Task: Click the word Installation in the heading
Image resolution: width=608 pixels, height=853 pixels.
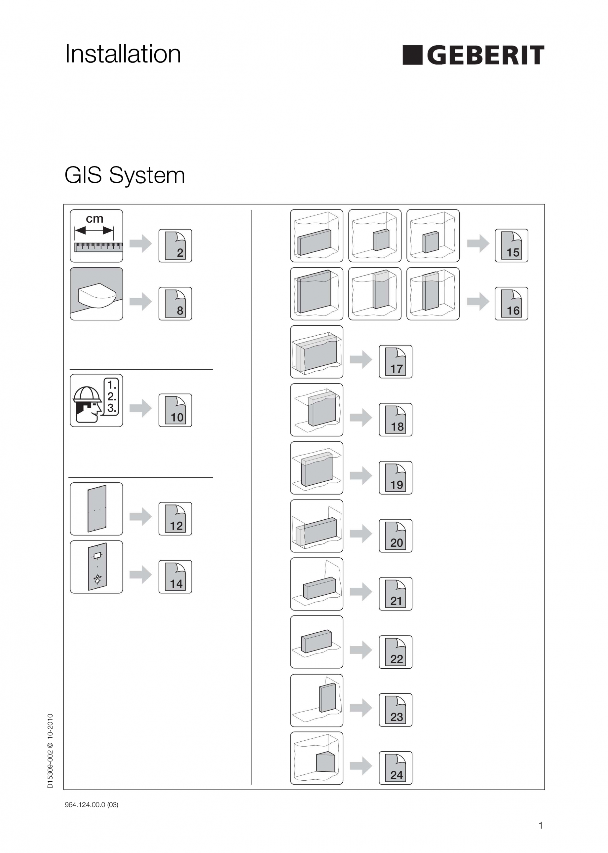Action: [x=123, y=54]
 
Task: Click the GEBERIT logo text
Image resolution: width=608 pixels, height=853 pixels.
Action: [x=485, y=56]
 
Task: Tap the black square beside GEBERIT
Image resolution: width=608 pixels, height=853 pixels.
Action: [x=412, y=56]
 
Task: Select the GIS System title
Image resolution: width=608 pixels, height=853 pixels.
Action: [x=125, y=175]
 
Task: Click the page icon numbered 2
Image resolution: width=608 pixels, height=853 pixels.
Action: [x=175, y=245]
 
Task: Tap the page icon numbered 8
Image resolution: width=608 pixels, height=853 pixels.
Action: [x=175, y=304]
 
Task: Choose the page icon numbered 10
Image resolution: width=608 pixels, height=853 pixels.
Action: [x=175, y=410]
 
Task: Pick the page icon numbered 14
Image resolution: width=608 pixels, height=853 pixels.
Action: [x=175, y=577]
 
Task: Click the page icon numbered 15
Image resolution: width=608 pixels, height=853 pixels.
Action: [x=512, y=245]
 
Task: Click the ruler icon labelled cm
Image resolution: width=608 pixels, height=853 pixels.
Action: [x=96, y=236]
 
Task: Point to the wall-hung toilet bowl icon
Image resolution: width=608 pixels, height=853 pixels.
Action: [x=96, y=294]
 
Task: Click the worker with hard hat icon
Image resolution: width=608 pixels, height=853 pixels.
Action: [x=96, y=400]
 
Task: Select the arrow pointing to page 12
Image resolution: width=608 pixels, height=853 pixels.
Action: [x=141, y=517]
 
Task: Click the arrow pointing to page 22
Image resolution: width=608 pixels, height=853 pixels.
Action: [x=361, y=650]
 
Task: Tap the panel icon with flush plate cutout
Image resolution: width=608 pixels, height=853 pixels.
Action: [x=96, y=567]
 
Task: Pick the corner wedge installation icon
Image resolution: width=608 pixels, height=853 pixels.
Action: [x=317, y=758]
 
